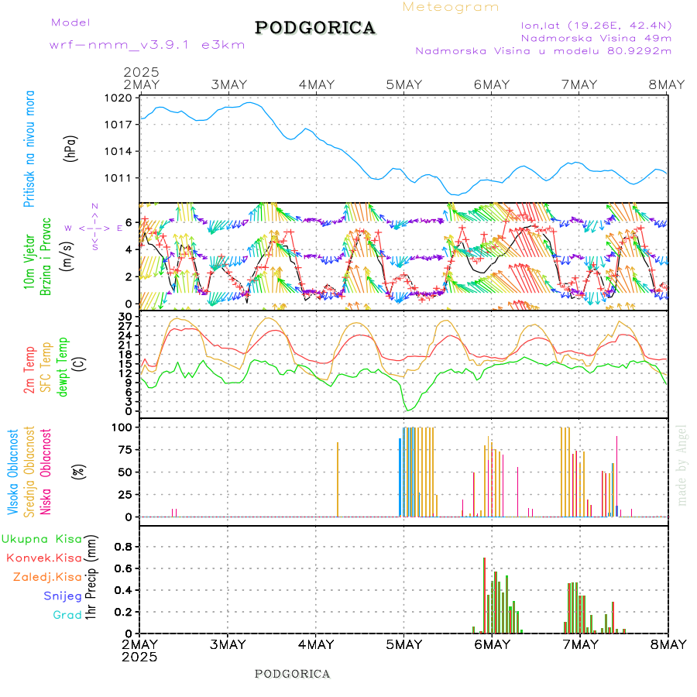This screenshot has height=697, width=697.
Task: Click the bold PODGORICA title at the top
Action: pyautogui.click(x=315, y=28)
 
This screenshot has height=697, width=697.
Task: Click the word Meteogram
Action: pyautogui.click(x=451, y=7)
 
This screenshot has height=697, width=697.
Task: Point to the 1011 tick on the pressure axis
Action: pyautogui.click(x=122, y=178)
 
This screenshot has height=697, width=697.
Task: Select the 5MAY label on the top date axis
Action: pyautogui.click(x=403, y=84)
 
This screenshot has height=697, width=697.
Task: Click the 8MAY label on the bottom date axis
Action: pyautogui.click(x=667, y=644)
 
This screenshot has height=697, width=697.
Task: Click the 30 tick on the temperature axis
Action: pyautogui.click(x=125, y=317)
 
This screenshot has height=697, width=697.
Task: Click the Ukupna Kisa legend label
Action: pyautogui.click(x=42, y=539)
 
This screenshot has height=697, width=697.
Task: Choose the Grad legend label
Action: pyautogui.click(x=67, y=615)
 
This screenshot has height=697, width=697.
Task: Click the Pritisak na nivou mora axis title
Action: pyautogui.click(x=29, y=148)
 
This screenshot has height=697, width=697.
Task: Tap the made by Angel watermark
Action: pyautogui.click(x=682, y=465)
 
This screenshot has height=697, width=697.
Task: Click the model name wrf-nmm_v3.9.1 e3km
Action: pyautogui.click(x=147, y=45)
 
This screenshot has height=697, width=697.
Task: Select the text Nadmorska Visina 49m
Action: pyautogui.click(x=596, y=37)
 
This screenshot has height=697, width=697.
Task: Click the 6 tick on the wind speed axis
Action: pyautogui.click(x=129, y=222)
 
